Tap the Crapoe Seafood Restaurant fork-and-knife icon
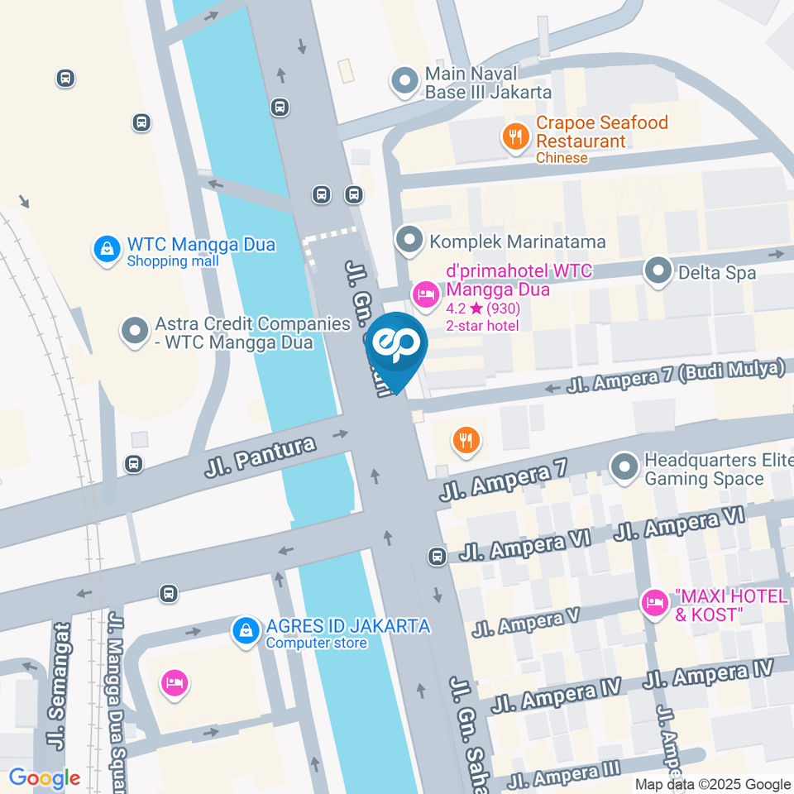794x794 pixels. tap(517, 137)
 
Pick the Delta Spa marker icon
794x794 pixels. tap(658, 271)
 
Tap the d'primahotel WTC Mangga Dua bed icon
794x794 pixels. tap(426, 294)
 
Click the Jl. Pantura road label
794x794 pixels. tap(260, 457)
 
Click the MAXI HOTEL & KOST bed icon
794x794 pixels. tap(655, 603)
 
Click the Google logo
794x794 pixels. tap(45, 778)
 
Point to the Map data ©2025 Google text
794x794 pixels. tap(712, 784)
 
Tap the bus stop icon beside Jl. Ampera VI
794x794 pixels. tap(437, 557)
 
